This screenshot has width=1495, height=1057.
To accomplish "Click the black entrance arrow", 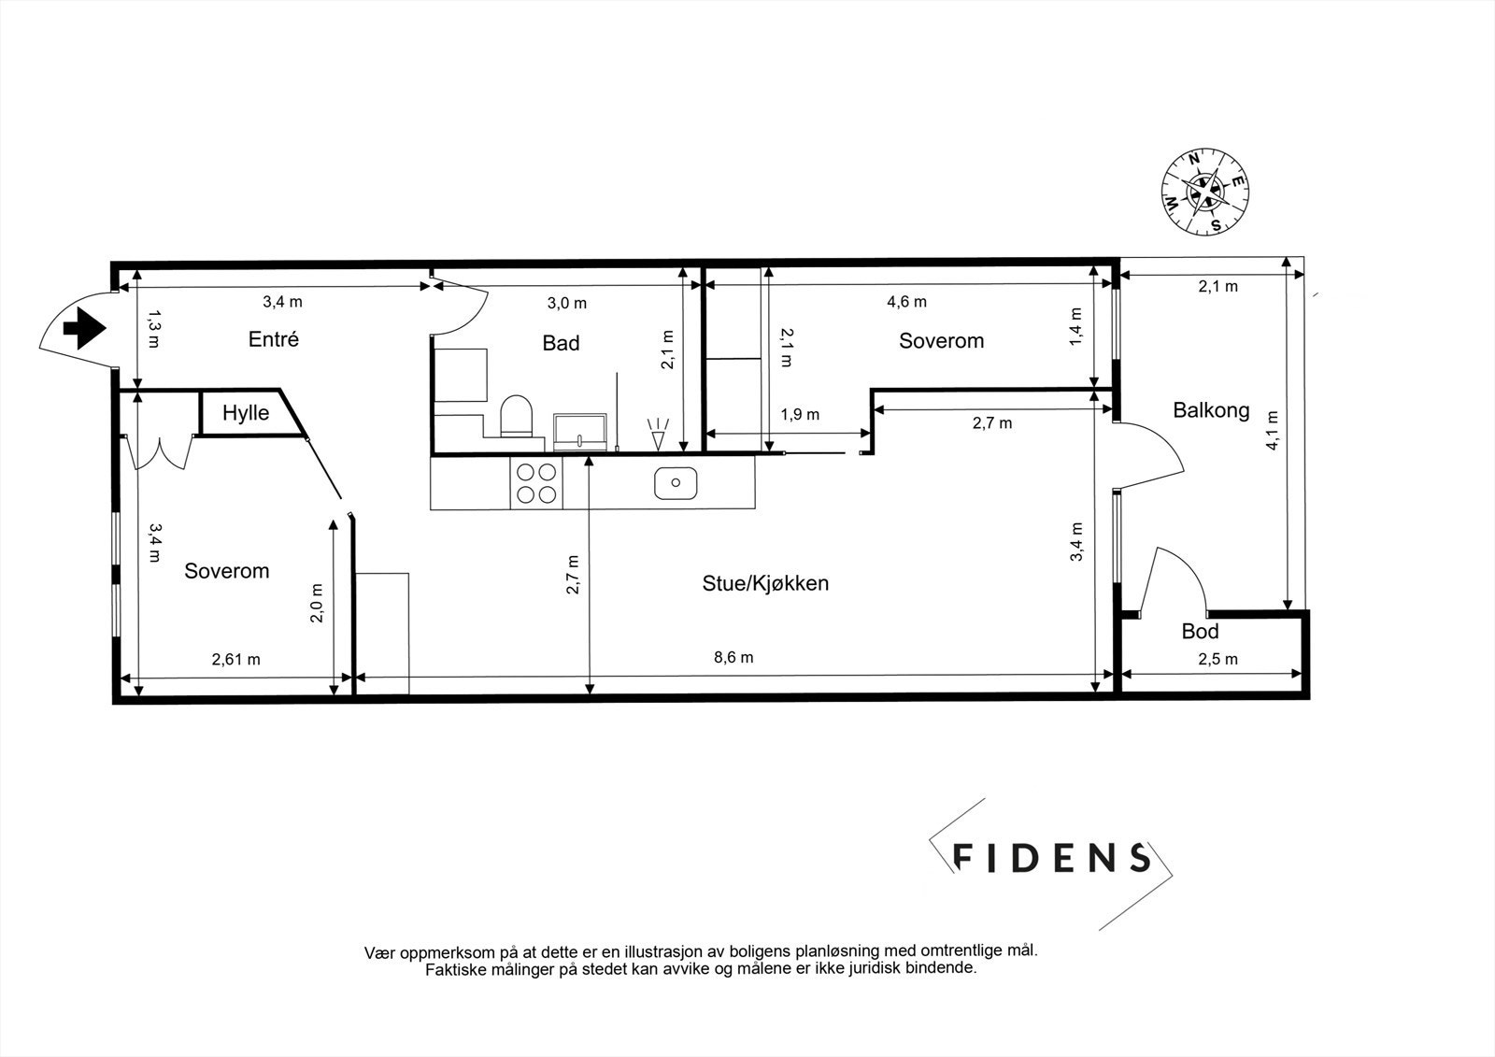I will click(83, 329).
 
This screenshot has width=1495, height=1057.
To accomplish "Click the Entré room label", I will click(274, 339).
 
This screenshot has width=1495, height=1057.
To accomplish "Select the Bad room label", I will click(561, 343).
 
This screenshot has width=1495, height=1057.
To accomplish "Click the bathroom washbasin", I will click(581, 432).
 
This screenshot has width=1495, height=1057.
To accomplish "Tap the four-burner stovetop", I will click(537, 483).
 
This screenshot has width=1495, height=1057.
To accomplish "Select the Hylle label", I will click(246, 413).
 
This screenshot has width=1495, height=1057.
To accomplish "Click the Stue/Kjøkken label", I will click(765, 584).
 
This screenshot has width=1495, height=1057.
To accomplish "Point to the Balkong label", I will click(1211, 409).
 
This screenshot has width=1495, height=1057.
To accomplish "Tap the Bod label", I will click(1200, 632).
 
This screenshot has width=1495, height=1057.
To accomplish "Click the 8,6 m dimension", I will click(733, 658).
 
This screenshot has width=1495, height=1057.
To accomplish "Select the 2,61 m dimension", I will click(236, 660).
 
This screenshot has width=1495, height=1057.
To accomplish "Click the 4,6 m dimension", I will click(905, 302).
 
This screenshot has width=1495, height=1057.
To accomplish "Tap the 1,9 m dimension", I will click(801, 414).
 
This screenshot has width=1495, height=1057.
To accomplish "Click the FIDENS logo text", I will click(1051, 857).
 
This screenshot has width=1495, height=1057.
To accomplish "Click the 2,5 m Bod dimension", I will click(1217, 659).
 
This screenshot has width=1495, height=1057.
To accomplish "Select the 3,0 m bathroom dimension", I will click(566, 303).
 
